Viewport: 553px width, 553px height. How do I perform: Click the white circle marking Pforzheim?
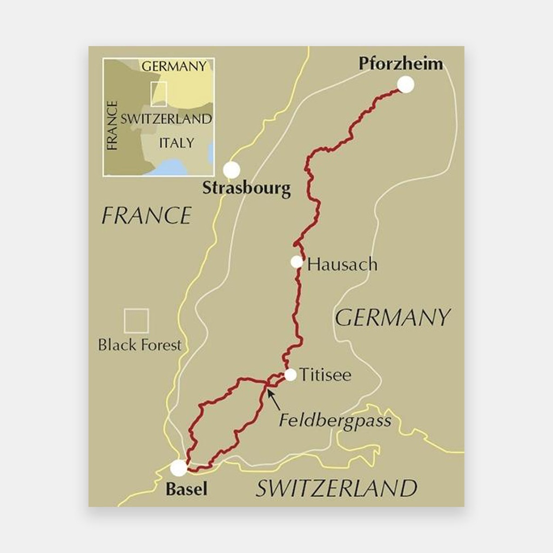pyautogui.click(x=406, y=84)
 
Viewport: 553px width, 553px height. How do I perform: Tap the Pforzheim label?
pyautogui.click(x=400, y=64)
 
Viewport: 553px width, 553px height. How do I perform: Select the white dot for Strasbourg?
pyautogui.click(x=232, y=170)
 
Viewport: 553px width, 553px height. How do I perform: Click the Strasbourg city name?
pyautogui.click(x=246, y=189)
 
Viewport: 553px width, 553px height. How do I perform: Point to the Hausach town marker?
pyautogui.click(x=296, y=262)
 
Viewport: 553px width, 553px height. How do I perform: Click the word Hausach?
pyautogui.click(x=342, y=265)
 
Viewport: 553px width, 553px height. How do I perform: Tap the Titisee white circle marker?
pyautogui.click(x=291, y=375)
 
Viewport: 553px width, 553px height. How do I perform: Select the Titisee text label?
pyautogui.click(x=325, y=375)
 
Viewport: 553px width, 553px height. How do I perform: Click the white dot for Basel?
pyautogui.click(x=179, y=468)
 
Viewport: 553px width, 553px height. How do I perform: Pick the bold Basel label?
pyautogui.click(x=186, y=489)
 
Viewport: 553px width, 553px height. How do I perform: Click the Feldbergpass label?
pyautogui.click(x=335, y=420)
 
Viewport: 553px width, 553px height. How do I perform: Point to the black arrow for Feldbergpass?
pyautogui.click(x=274, y=400)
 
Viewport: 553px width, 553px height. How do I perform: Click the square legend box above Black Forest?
pyautogui.click(x=136, y=321)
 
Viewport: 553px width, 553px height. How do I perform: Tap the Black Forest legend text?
pyautogui.click(x=140, y=345)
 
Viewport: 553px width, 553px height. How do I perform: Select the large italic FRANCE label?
pyautogui.click(x=146, y=216)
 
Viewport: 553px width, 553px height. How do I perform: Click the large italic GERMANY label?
pyautogui.click(x=393, y=318)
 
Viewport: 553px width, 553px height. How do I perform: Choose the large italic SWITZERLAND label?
pyautogui.click(x=336, y=489)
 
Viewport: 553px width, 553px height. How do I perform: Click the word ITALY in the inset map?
pyautogui.click(x=176, y=143)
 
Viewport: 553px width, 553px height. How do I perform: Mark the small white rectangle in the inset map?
pyautogui.click(x=159, y=94)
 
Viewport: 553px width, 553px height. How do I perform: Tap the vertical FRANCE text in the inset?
pyautogui.click(x=112, y=125)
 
